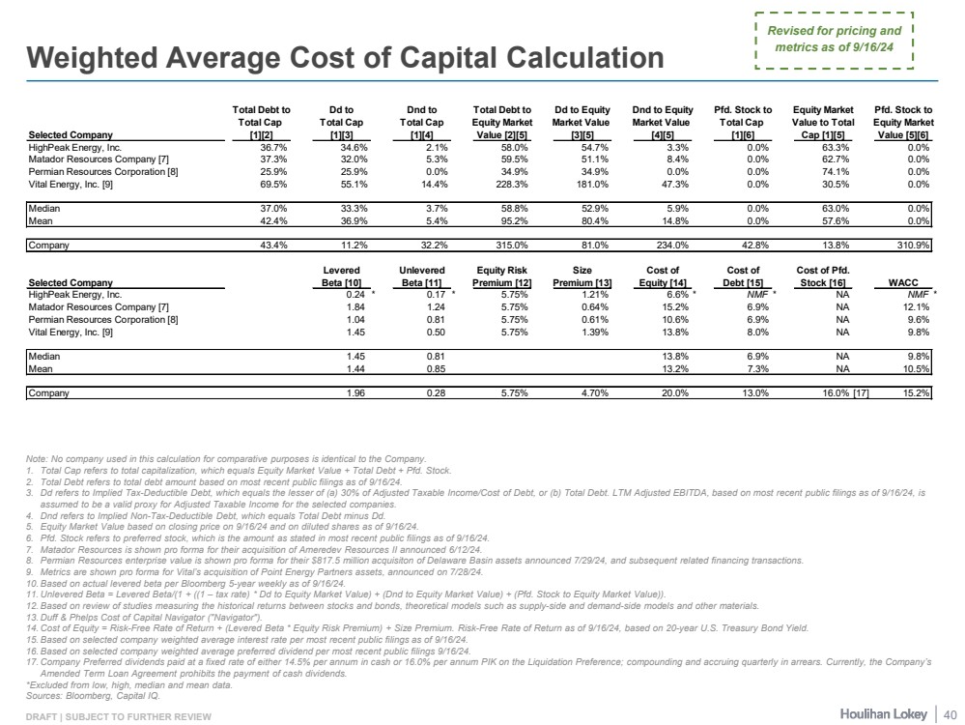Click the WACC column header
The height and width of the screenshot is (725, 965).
pos(911,281)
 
